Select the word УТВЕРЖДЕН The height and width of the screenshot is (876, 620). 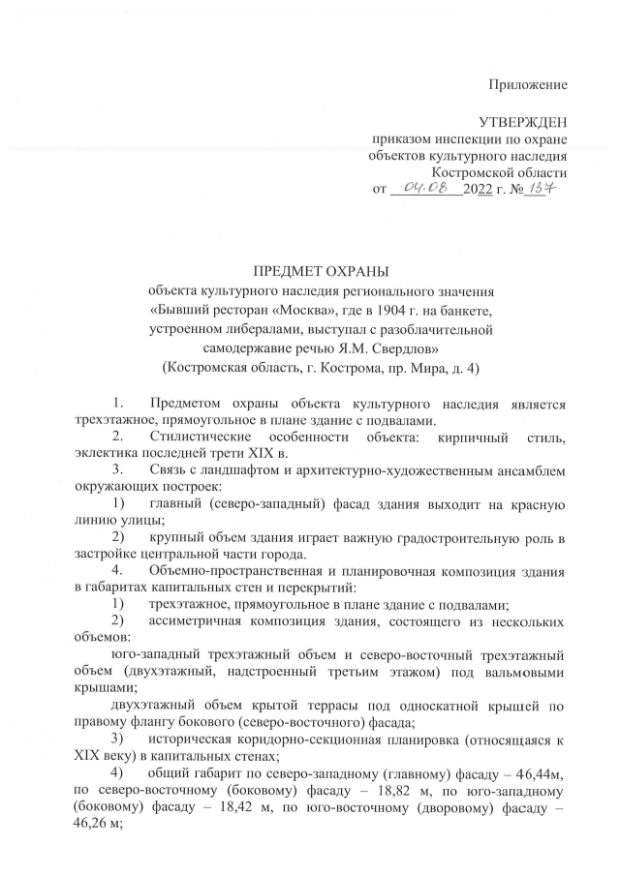[x=523, y=123]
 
